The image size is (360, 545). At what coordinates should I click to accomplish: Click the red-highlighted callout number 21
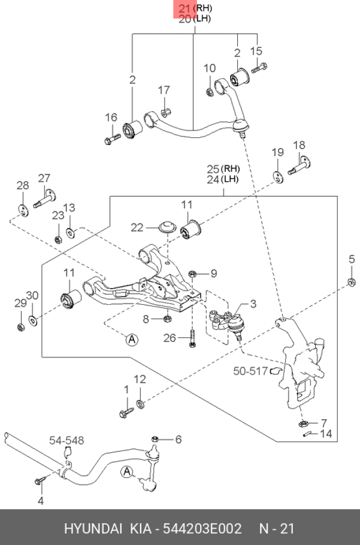tap(184, 8)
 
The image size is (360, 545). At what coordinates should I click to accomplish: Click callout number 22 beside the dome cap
tap(136, 227)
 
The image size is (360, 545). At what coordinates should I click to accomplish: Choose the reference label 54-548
tap(67, 440)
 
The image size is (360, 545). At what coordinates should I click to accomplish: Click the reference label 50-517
tap(250, 371)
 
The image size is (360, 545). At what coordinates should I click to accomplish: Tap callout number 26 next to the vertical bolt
tap(170, 338)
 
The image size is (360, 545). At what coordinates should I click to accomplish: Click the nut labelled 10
tap(209, 92)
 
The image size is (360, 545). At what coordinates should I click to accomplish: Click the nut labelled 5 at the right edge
tap(352, 282)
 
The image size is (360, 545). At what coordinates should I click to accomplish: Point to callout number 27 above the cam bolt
tap(44, 178)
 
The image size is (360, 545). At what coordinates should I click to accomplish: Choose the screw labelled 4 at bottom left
tap(39, 480)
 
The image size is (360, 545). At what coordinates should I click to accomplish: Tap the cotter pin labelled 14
tap(308, 434)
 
